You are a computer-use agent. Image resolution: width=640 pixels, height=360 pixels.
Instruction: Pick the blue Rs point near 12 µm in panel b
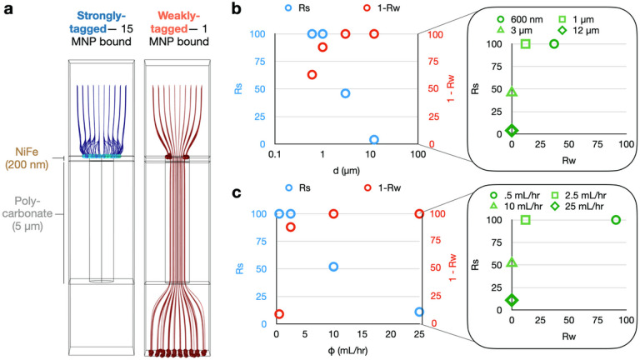coord(374,139)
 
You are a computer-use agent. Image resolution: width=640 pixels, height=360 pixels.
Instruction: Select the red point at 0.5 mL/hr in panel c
coord(279,314)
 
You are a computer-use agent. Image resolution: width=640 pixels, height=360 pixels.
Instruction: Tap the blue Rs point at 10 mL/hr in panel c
coord(333,267)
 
